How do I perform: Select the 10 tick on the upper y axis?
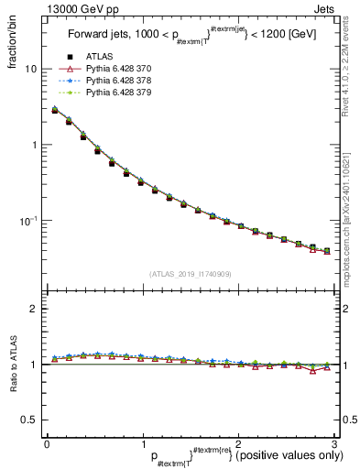(31, 70)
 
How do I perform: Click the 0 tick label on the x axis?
(47, 444)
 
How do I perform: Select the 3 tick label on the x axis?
(333, 444)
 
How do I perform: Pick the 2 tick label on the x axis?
(237, 444)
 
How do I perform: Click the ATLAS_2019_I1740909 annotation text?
(190, 274)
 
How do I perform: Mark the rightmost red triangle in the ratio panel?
(327, 368)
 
